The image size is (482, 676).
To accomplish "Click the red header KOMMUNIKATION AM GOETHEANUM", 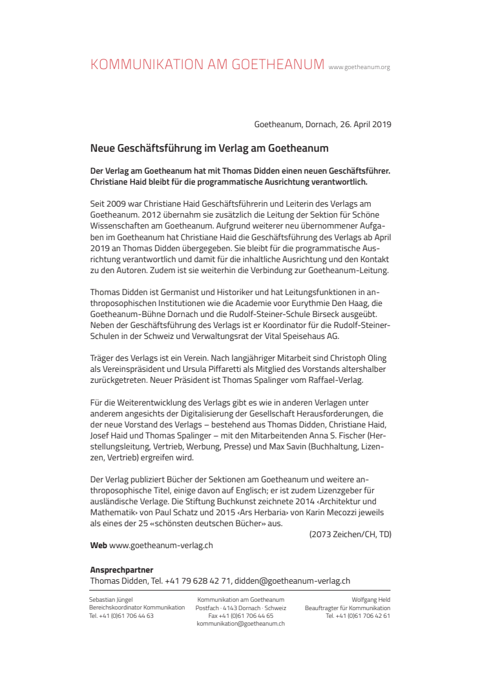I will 207,65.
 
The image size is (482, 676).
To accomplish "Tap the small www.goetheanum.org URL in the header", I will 359,67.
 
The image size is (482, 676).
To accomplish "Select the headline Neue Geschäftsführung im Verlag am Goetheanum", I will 209,149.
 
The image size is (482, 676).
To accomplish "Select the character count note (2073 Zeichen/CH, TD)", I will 350,534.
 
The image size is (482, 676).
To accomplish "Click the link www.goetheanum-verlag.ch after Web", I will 161,546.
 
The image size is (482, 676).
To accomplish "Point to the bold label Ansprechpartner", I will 121,570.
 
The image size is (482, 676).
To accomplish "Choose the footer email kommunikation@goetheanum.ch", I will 241,624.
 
